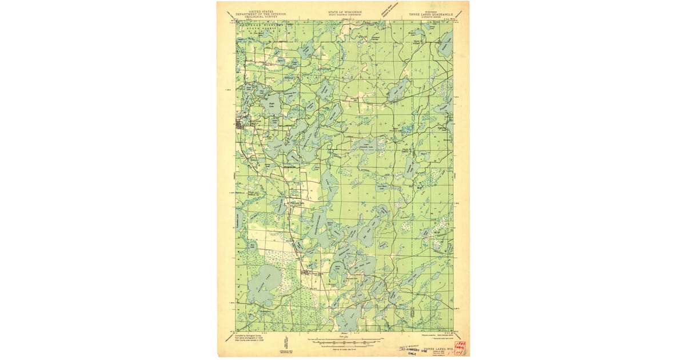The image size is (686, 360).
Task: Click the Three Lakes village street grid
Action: (x=309, y=273)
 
